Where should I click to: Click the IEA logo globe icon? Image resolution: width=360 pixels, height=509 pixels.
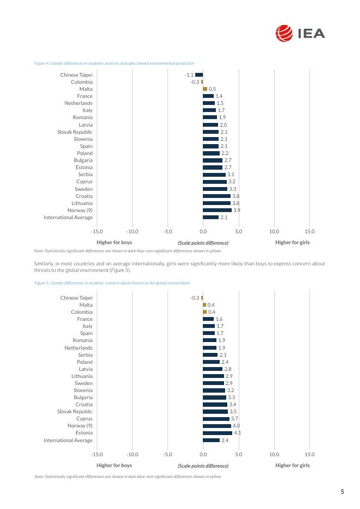click(284, 34)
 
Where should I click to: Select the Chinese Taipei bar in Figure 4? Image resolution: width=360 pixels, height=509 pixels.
click(199, 75)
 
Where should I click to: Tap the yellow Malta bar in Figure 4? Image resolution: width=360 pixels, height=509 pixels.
click(205, 89)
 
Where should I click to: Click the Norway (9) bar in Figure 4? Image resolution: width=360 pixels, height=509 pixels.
click(217, 210)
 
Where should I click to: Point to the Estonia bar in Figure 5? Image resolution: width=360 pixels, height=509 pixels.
click(218, 433)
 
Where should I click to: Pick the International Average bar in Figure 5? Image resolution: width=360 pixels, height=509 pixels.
click(212, 440)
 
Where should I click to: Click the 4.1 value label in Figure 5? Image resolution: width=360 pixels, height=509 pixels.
click(237, 433)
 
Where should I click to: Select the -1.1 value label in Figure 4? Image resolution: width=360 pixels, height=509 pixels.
click(189, 75)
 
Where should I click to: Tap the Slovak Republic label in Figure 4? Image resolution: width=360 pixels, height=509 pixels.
click(75, 132)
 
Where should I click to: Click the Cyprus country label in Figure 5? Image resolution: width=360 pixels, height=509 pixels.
click(84, 419)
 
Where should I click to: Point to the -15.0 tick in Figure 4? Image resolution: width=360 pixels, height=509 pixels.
click(97, 231)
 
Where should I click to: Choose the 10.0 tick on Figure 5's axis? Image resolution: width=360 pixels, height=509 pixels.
click(274, 454)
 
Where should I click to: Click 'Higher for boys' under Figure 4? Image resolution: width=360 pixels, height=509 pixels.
click(114, 243)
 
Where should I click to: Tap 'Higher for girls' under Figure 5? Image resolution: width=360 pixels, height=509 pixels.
click(293, 465)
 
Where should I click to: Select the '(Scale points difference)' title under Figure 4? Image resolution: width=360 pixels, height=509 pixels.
click(203, 243)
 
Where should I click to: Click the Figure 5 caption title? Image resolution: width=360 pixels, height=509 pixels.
click(112, 283)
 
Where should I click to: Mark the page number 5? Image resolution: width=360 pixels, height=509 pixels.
click(343, 492)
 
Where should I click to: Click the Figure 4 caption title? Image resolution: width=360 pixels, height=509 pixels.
click(114, 63)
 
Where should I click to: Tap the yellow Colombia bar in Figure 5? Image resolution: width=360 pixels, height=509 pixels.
click(204, 312)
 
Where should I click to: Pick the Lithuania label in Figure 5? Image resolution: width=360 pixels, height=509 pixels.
click(82, 376)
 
